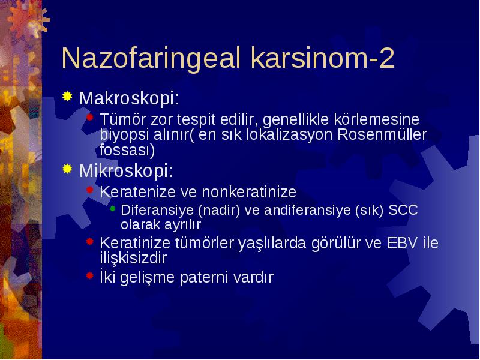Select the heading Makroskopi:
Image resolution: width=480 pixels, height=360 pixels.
pos(129,98)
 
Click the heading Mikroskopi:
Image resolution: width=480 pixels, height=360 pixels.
pos(126,170)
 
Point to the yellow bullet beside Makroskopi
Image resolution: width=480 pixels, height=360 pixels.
pos(67,97)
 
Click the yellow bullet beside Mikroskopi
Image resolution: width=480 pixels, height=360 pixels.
pos(67,169)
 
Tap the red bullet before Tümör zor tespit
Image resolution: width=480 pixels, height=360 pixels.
pos(89,117)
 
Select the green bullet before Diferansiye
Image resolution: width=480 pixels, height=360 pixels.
pos(112,209)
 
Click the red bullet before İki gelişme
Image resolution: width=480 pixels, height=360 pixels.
pos(89,275)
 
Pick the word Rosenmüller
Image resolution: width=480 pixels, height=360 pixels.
pos(382,134)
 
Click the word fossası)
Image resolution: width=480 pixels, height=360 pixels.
pos(127,151)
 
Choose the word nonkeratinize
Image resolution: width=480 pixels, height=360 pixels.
pos(249,192)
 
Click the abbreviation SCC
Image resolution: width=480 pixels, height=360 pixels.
pos(403,210)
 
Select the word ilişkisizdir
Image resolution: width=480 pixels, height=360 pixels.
pos(133,258)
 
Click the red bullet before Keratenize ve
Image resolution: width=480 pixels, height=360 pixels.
pos(89,190)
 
